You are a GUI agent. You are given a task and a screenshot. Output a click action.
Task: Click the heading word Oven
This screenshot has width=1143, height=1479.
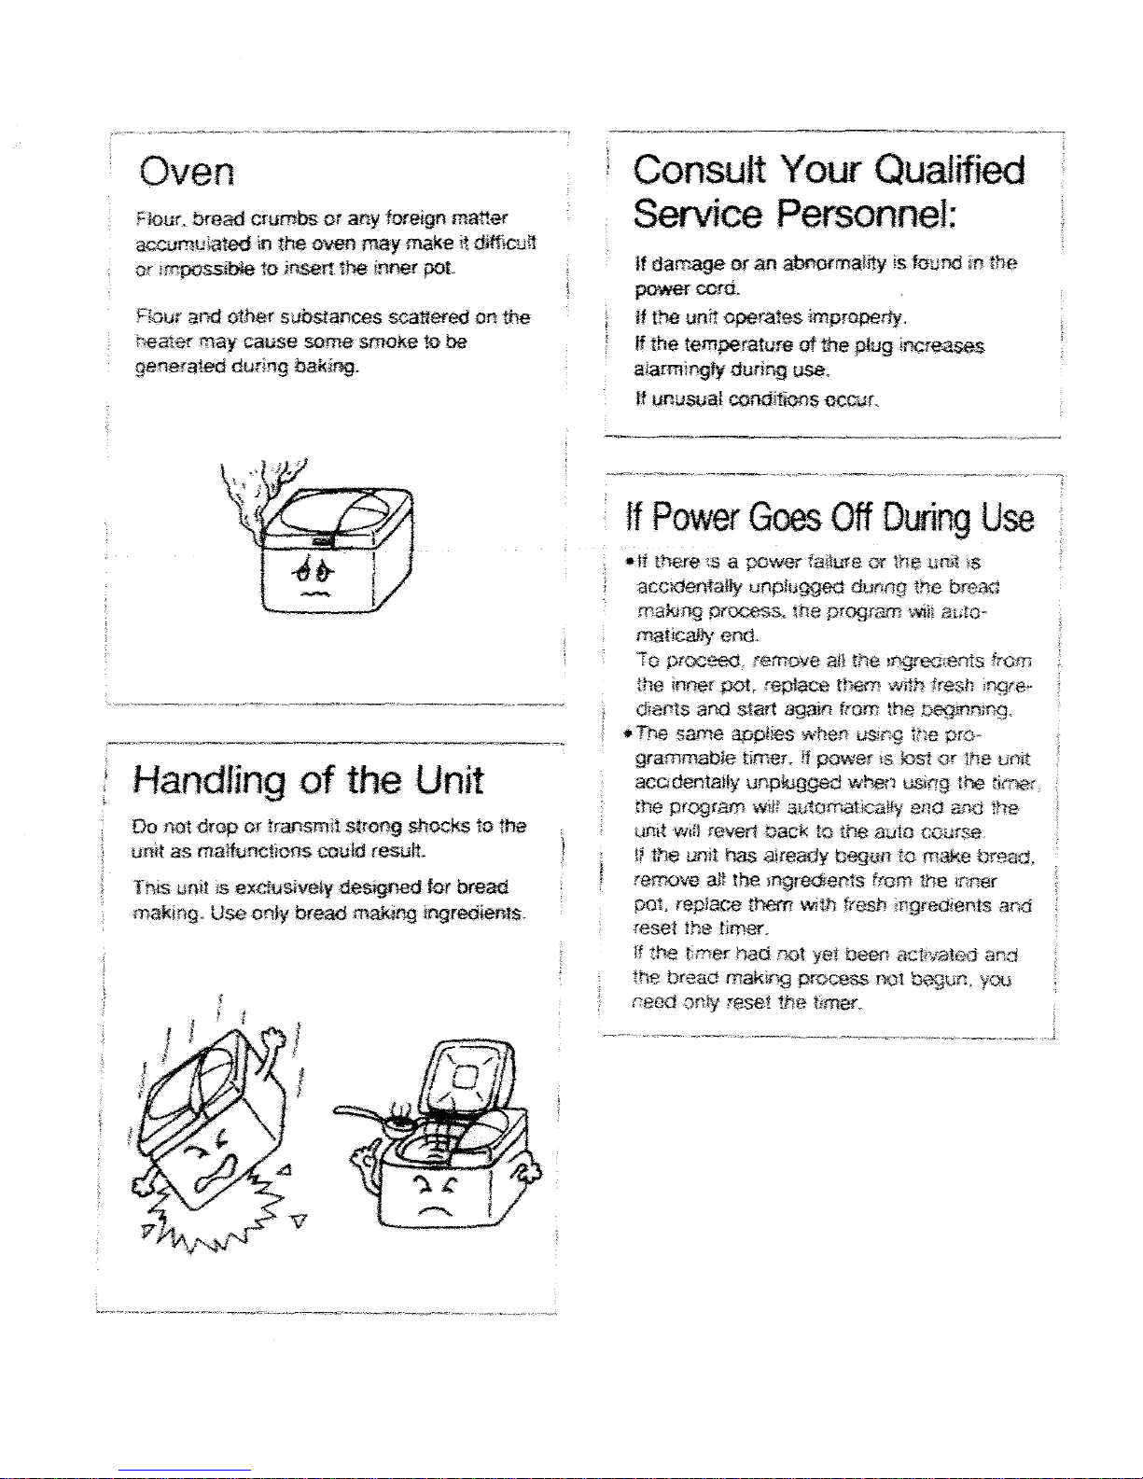(187, 172)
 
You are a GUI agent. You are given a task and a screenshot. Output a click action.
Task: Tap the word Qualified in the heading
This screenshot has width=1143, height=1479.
(950, 171)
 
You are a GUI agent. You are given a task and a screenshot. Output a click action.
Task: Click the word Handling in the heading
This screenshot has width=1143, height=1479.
(208, 781)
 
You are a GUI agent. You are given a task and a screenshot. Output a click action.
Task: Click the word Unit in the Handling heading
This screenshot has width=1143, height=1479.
(449, 781)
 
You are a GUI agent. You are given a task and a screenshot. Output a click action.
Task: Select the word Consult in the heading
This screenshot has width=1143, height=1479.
(699, 171)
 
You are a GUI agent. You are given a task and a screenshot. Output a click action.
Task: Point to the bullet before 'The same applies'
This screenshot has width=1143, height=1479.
(630, 734)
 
